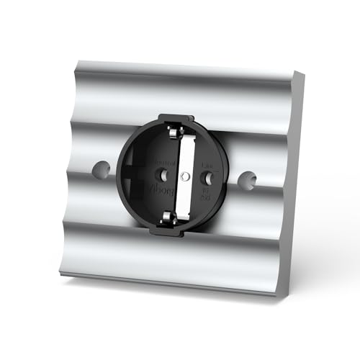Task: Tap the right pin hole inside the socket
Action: pyautogui.click(x=204, y=176)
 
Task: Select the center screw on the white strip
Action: pyautogui.click(x=185, y=175)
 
